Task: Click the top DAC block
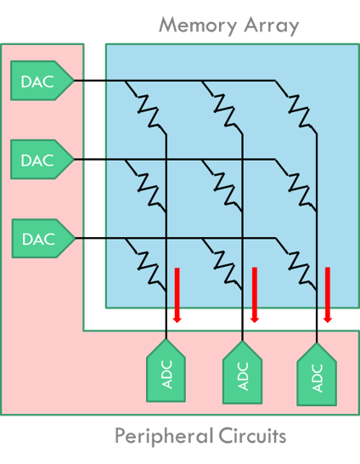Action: (42, 81)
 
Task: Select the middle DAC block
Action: (42, 160)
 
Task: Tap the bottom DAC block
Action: (43, 238)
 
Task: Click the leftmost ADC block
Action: (166, 371)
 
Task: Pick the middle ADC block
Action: (242, 372)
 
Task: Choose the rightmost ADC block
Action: (317, 374)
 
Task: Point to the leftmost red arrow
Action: (177, 295)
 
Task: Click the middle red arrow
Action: (255, 295)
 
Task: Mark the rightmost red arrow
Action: (328, 295)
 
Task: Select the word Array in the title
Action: (272, 26)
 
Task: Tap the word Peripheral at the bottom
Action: (164, 436)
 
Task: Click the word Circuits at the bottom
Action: (252, 435)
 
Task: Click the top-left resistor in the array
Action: (145, 107)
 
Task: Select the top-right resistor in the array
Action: (296, 107)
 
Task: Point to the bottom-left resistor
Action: (145, 265)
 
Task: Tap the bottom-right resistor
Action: (296, 265)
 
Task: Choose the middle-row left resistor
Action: (145, 186)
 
